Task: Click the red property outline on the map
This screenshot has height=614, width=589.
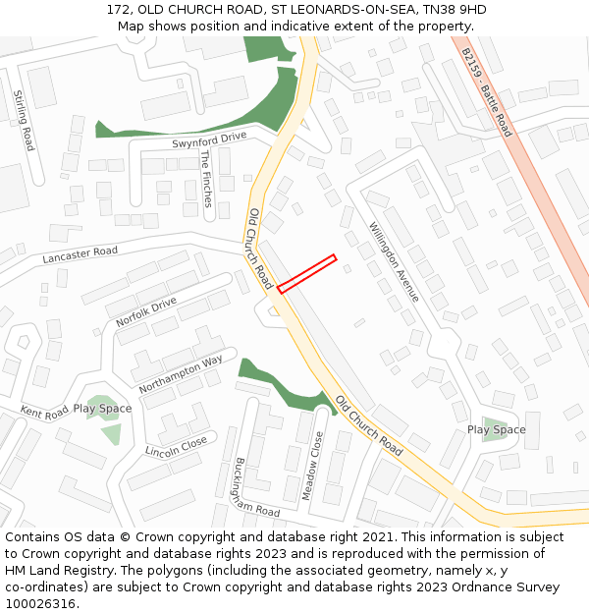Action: pyautogui.click(x=307, y=274)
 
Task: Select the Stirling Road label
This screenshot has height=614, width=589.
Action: pyautogui.click(x=24, y=120)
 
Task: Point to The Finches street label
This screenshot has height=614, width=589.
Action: pyautogui.click(x=206, y=178)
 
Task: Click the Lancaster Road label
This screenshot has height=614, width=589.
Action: pyautogui.click(x=80, y=254)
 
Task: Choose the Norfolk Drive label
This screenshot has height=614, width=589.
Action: pyautogui.click(x=146, y=311)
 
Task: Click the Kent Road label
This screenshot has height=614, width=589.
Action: pyautogui.click(x=44, y=412)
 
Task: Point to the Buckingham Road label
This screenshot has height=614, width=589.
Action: pyautogui.click(x=256, y=487)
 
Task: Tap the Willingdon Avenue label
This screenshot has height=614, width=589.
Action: pyautogui.click(x=395, y=261)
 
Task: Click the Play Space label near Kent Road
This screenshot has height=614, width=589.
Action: pyautogui.click(x=102, y=409)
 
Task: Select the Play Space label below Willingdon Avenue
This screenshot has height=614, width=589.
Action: pyautogui.click(x=496, y=429)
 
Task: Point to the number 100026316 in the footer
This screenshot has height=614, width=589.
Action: pyautogui.click(x=40, y=603)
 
